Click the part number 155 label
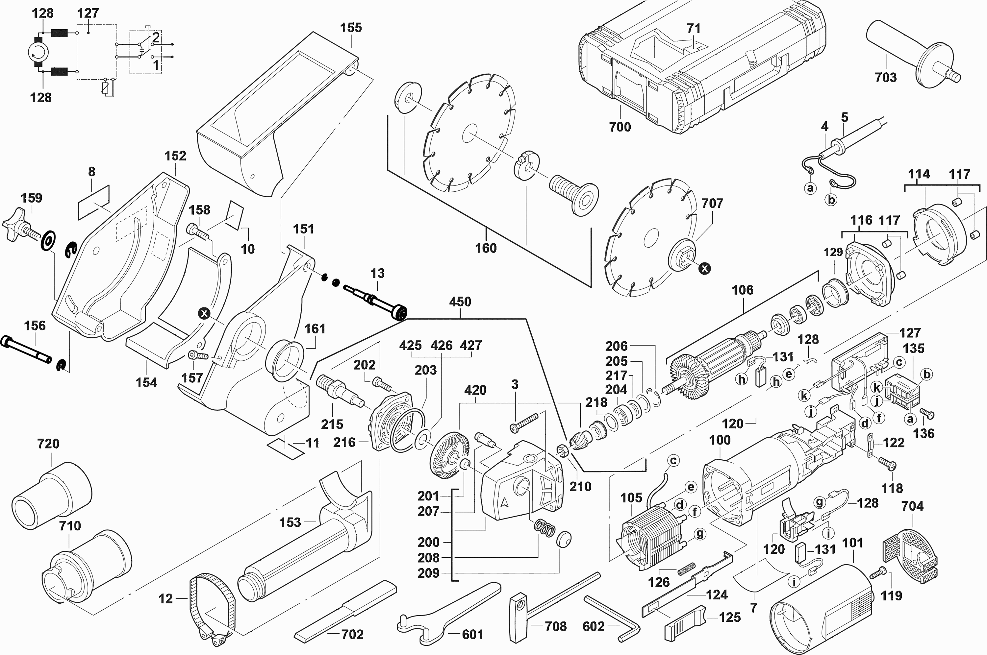(351, 28)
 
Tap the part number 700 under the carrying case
(620, 127)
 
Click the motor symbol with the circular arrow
(38, 53)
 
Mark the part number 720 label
(48, 443)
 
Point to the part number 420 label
(475, 390)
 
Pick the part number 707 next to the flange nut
(712, 204)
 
